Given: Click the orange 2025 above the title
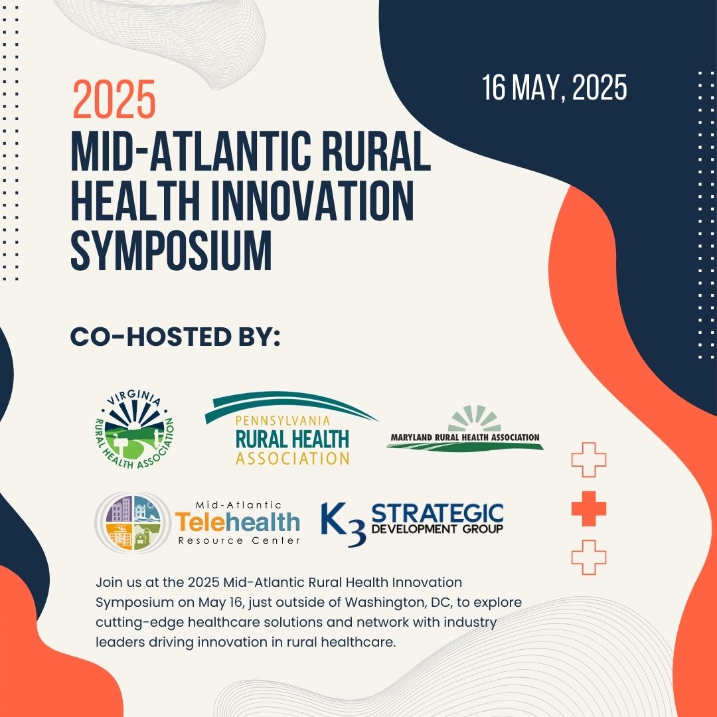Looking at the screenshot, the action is click(114, 99).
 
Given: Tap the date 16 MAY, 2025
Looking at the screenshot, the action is click(554, 88).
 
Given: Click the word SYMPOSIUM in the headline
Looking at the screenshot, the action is click(171, 250).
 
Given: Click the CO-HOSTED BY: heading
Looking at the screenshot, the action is click(175, 337).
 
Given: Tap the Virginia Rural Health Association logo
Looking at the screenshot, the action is click(134, 430).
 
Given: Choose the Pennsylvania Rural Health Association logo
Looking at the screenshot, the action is click(291, 428).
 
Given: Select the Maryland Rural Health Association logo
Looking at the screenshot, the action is click(465, 428).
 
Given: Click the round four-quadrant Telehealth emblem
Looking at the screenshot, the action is click(133, 522).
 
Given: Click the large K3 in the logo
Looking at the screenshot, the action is click(343, 524).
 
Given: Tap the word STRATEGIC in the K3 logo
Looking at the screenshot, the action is click(437, 513).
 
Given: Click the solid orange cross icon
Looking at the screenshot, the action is click(589, 509).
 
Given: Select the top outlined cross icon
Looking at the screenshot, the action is click(589, 459).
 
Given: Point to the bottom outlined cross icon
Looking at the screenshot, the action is click(589, 558).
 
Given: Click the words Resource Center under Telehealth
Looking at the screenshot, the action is click(239, 540).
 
